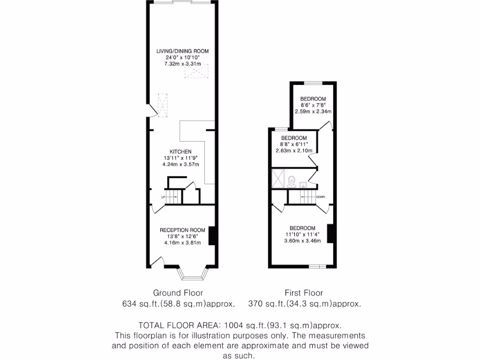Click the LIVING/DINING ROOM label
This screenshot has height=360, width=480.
pyautogui.click(x=182, y=51)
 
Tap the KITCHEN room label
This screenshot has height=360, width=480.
pyautogui.click(x=180, y=152)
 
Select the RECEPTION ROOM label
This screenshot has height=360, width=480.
pyautogui.click(x=182, y=230)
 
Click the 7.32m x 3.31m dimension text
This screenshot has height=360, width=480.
pyautogui.click(x=182, y=64)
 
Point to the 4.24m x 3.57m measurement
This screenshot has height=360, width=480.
pyautogui.click(x=180, y=164)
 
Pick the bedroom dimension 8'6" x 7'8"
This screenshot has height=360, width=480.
pyautogui.click(x=313, y=105)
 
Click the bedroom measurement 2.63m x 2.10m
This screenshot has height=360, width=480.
pyautogui.click(x=293, y=150)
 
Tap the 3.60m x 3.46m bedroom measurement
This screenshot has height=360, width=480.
pyautogui.click(x=302, y=241)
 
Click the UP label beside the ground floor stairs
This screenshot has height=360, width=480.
pyautogui.click(x=163, y=197)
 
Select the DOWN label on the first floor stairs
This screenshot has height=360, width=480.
pyautogui.click(x=321, y=197)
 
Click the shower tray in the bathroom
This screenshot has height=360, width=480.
pyautogui.click(x=278, y=179)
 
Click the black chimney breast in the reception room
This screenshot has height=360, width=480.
pyautogui.click(x=211, y=236)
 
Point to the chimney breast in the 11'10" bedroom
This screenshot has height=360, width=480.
pyautogui.click(x=330, y=233)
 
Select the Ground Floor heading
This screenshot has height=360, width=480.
pyautogui.click(x=178, y=293)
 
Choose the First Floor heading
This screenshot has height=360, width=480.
pyautogui.click(x=304, y=293)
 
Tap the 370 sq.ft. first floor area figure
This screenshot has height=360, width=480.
pyautogui.click(x=265, y=304)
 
